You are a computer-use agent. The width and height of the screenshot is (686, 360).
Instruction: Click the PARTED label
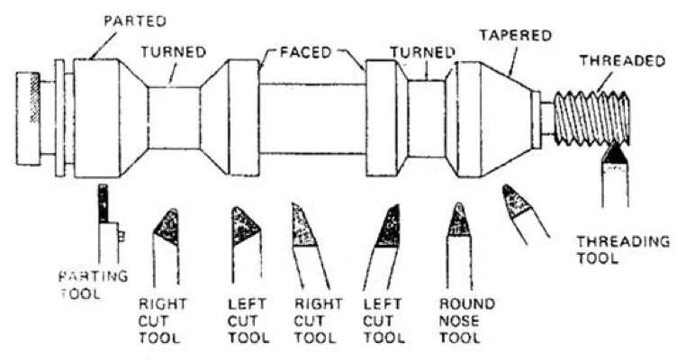[x=135, y=21]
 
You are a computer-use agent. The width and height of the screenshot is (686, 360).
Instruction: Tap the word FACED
[x=306, y=52]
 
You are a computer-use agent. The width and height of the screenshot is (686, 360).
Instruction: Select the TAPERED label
[x=515, y=35]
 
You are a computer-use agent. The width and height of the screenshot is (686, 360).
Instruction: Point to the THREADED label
[x=623, y=60]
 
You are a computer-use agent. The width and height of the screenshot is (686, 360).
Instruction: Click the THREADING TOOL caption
[x=623, y=249]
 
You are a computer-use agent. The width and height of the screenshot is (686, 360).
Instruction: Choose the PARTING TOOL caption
[x=94, y=284]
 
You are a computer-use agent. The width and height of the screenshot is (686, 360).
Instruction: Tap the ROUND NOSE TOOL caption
[x=467, y=320]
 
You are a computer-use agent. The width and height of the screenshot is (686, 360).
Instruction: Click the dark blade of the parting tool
[x=103, y=203]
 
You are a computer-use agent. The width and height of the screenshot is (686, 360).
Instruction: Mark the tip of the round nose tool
[x=458, y=203]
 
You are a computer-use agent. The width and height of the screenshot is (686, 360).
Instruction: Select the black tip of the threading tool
[x=616, y=154]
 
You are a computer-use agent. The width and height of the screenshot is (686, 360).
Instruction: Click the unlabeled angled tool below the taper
[x=524, y=211]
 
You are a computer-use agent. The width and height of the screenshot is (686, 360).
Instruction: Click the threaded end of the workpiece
[x=592, y=118]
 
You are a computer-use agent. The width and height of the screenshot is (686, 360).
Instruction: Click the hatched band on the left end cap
[x=34, y=98]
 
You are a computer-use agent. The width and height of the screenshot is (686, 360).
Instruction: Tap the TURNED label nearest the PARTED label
[x=173, y=52]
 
